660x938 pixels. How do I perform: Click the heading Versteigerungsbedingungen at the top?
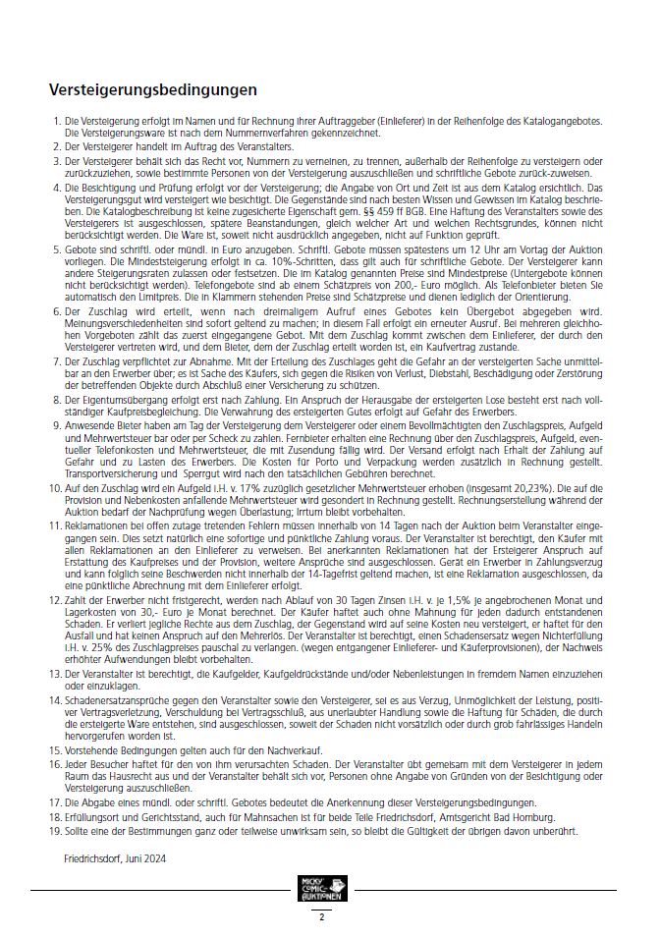point(153,89)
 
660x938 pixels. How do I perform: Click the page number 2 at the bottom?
point(320,916)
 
